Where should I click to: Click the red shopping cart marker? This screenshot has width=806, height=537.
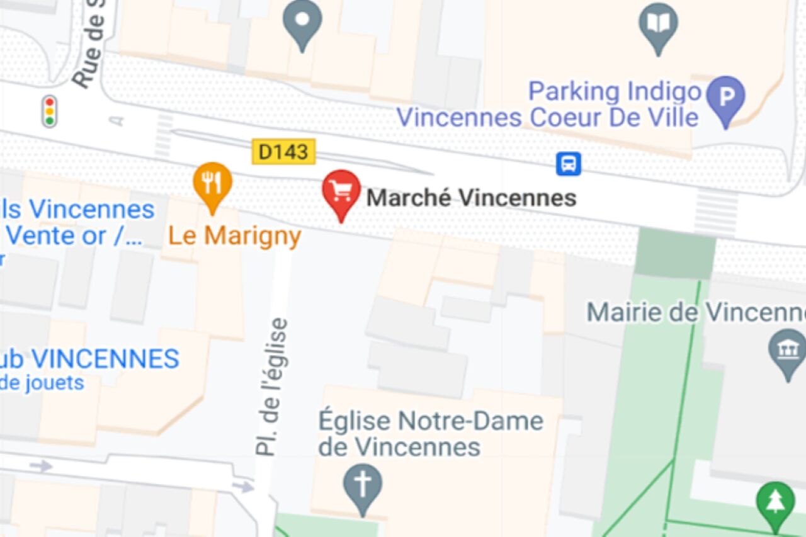[x=341, y=191]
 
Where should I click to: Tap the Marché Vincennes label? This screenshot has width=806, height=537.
[x=471, y=198]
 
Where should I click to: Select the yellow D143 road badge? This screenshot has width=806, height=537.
[x=283, y=152]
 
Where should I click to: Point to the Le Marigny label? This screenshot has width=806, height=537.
[x=234, y=236]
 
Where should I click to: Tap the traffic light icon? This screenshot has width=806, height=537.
[x=49, y=111]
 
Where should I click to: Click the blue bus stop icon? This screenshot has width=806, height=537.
[x=568, y=164]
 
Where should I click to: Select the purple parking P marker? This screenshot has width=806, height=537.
[x=725, y=98]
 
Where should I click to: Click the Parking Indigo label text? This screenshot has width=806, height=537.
[x=614, y=92]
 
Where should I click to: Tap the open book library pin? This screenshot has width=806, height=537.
[x=658, y=25]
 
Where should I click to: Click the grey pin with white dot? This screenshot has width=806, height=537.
[x=302, y=20]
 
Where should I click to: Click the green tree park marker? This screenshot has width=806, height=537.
[x=775, y=503]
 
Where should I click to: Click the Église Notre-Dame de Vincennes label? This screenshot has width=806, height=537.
[x=430, y=434]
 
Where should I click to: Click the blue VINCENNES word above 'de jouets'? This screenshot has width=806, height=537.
[x=105, y=359]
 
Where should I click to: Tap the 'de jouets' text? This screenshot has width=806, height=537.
[x=43, y=382]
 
